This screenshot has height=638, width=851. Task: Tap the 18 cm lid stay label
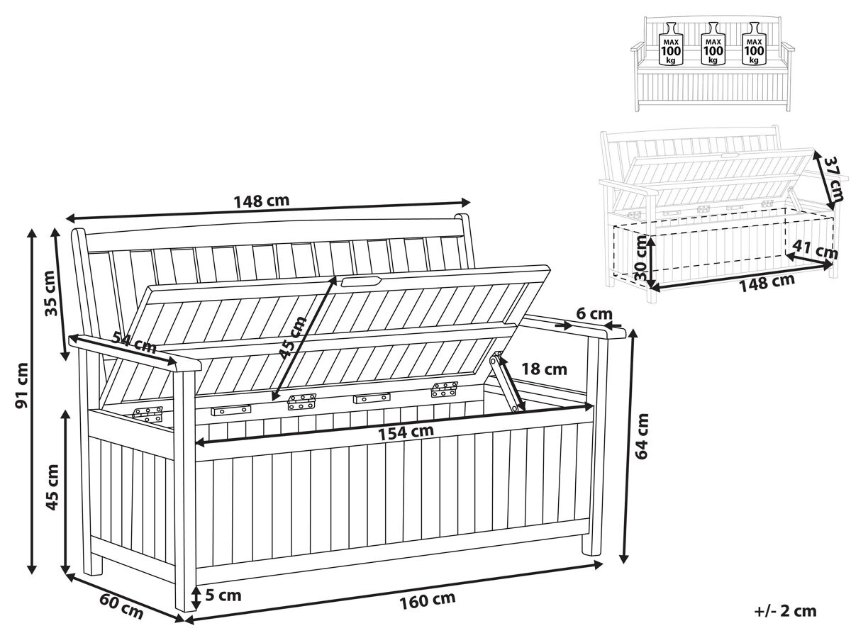(544, 369)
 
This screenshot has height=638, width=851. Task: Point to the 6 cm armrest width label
(594, 313)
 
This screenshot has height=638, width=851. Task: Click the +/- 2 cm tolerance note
(786, 611)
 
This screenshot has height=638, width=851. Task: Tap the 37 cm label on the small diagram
(834, 178)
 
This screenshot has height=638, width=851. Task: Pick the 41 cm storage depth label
(815, 249)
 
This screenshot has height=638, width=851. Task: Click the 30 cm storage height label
(640, 258)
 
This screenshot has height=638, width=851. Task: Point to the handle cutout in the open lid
(360, 281)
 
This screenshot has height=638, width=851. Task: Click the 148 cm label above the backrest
(262, 201)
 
